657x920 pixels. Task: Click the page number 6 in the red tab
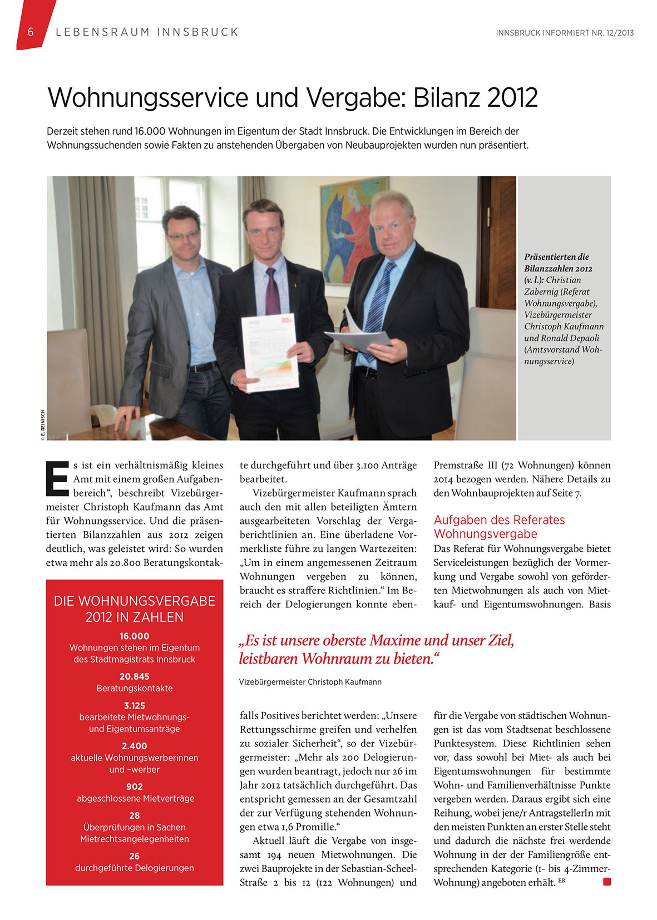click(31, 32)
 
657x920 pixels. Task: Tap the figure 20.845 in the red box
click(134, 676)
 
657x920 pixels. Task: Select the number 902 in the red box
click(134, 787)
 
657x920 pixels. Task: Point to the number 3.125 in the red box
click(134, 705)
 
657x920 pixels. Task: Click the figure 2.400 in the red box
click(134, 746)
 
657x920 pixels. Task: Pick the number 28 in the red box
click(134, 815)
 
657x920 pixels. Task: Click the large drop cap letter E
click(57, 478)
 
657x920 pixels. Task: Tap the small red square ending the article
click(607, 882)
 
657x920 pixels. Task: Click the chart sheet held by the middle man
click(269, 353)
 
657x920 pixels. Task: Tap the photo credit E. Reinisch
click(42, 426)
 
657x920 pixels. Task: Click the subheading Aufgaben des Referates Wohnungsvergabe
click(498, 527)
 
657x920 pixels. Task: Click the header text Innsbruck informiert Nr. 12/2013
click(565, 33)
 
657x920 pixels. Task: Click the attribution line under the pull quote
click(310, 681)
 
